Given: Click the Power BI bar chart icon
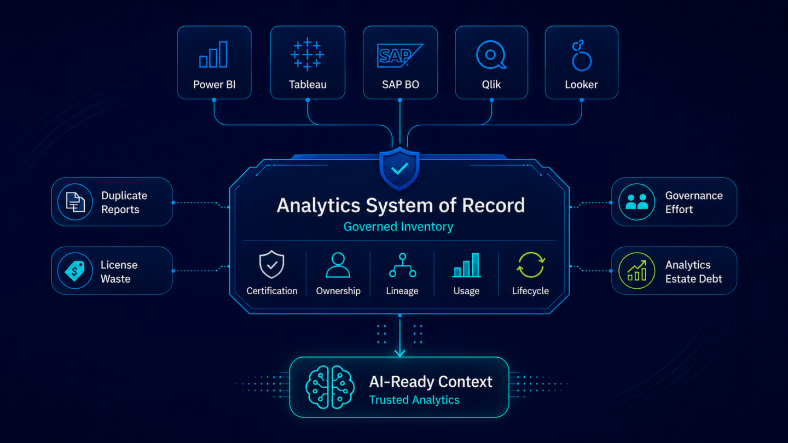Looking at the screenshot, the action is pyautogui.click(x=213, y=55).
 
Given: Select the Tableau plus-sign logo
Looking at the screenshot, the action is pyautogui.click(x=307, y=54).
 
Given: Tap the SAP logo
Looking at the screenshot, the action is pyautogui.click(x=400, y=55).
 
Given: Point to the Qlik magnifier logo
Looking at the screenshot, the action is pyautogui.click(x=491, y=55).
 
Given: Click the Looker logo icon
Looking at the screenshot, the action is pyautogui.click(x=581, y=56).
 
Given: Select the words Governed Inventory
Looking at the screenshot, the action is pyautogui.click(x=398, y=227).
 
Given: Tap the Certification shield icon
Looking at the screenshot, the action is pyautogui.click(x=271, y=264).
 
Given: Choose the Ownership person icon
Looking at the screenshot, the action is pyautogui.click(x=338, y=265).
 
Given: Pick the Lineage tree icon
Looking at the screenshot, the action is pyautogui.click(x=402, y=265).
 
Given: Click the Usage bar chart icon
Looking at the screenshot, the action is pyautogui.click(x=466, y=265).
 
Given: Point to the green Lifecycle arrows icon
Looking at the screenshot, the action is pyautogui.click(x=531, y=265).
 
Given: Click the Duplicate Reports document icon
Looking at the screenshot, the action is pyautogui.click(x=75, y=202).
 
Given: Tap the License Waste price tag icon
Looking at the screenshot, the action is pyautogui.click(x=75, y=271).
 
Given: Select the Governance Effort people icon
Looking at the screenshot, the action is pyautogui.click(x=637, y=202).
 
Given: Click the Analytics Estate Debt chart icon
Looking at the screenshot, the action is pyautogui.click(x=637, y=271).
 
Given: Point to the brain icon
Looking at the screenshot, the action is pyautogui.click(x=330, y=387).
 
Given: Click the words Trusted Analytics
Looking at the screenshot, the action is pyautogui.click(x=414, y=400).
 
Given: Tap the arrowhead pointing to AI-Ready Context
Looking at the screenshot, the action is pyautogui.click(x=399, y=353).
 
